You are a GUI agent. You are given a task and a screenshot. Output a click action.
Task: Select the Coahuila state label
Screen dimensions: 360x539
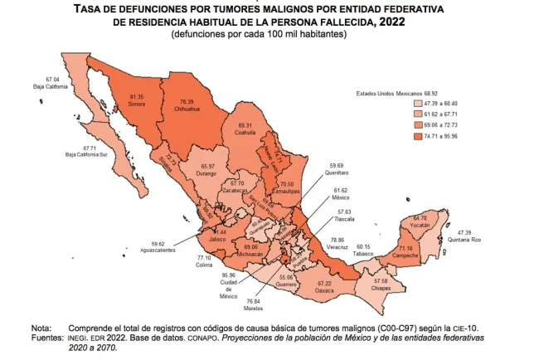point(245,132)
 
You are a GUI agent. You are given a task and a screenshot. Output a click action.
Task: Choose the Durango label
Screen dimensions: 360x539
point(206,173)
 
